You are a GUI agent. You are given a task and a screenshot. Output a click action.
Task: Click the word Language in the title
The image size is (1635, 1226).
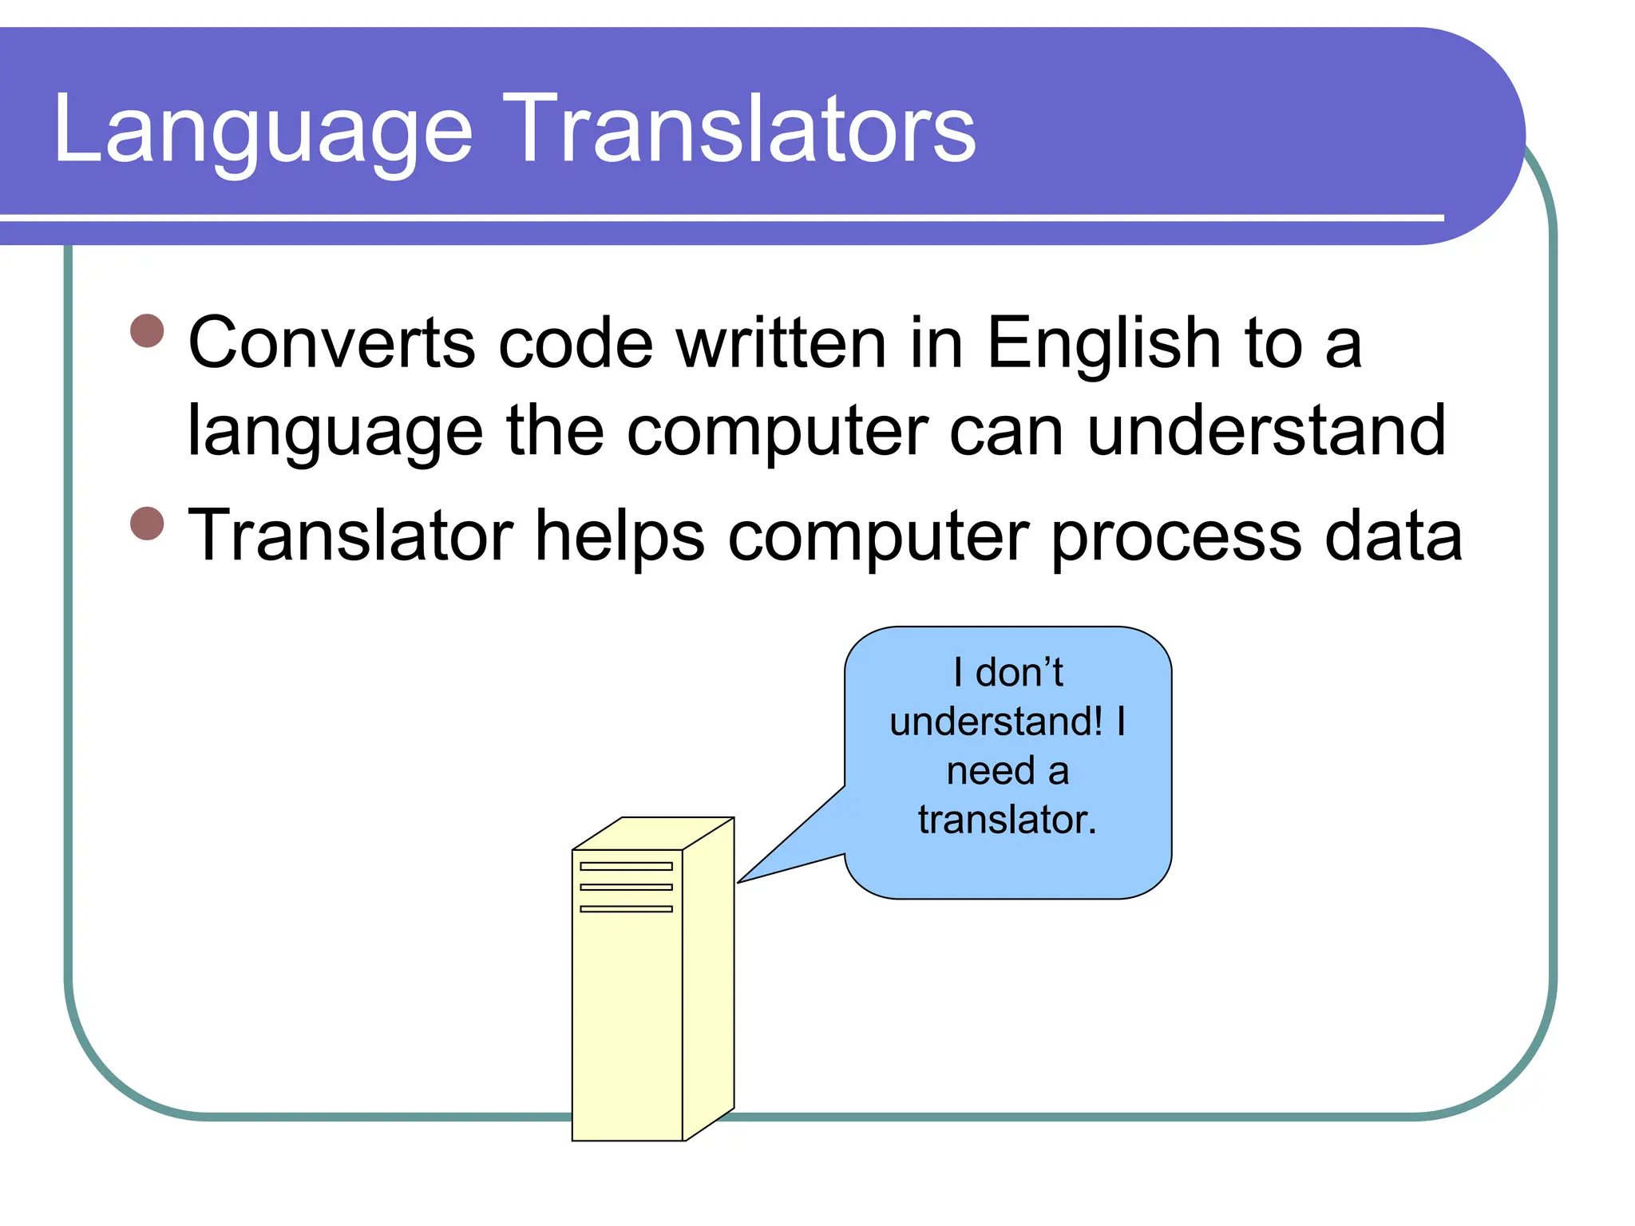263,132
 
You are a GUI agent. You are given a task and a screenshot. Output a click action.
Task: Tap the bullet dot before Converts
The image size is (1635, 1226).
147,330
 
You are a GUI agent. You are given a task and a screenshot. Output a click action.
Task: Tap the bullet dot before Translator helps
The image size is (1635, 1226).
147,524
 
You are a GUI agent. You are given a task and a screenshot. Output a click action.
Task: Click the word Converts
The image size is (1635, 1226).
332,343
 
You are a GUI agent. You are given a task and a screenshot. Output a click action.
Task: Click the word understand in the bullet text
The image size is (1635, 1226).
1266,431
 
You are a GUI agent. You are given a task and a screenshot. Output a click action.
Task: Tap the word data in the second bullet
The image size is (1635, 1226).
1393,536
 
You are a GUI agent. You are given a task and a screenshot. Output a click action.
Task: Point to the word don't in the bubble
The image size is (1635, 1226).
1019,672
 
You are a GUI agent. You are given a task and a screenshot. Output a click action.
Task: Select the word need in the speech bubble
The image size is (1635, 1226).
990,771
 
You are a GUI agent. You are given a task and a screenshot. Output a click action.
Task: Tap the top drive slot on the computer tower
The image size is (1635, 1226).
626,866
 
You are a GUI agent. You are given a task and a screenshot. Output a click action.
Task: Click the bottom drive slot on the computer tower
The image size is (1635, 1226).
626,908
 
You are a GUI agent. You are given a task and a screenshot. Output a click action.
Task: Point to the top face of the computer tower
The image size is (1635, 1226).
653,833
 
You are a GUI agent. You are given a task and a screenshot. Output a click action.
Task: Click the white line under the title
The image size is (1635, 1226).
719,217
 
